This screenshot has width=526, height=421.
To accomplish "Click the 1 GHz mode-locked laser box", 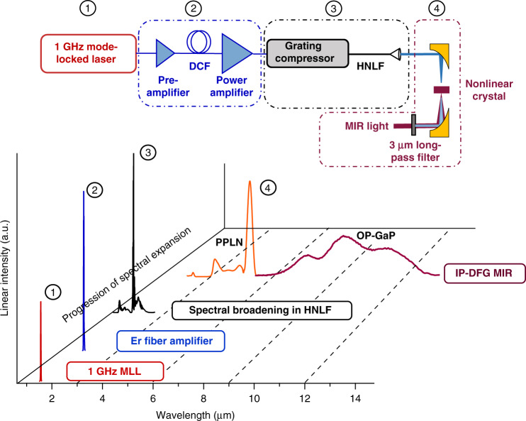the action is (x=88, y=53).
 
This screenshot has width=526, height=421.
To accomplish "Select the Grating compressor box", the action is (x=308, y=53).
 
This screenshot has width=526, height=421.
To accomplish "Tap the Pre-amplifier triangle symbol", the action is (x=165, y=53).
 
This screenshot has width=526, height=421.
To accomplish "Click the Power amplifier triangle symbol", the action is (x=237, y=53).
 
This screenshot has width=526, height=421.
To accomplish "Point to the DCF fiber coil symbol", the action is (x=199, y=42).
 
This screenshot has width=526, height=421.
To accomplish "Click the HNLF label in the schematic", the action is (x=370, y=66).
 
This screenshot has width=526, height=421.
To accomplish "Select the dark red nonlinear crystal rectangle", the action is (x=441, y=89).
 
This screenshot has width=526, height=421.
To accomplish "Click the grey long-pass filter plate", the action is (x=413, y=126).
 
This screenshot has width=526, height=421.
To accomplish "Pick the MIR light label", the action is (x=366, y=126).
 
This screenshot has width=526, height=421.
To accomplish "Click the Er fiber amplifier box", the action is (x=171, y=341).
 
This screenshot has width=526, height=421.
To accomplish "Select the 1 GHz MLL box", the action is (x=115, y=371).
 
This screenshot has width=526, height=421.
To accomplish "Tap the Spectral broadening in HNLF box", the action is (x=262, y=310).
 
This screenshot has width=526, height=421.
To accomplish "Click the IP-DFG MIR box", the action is (x=484, y=273).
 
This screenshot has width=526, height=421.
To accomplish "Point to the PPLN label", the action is (x=229, y=242).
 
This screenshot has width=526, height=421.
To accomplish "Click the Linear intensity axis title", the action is (x=5, y=268).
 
